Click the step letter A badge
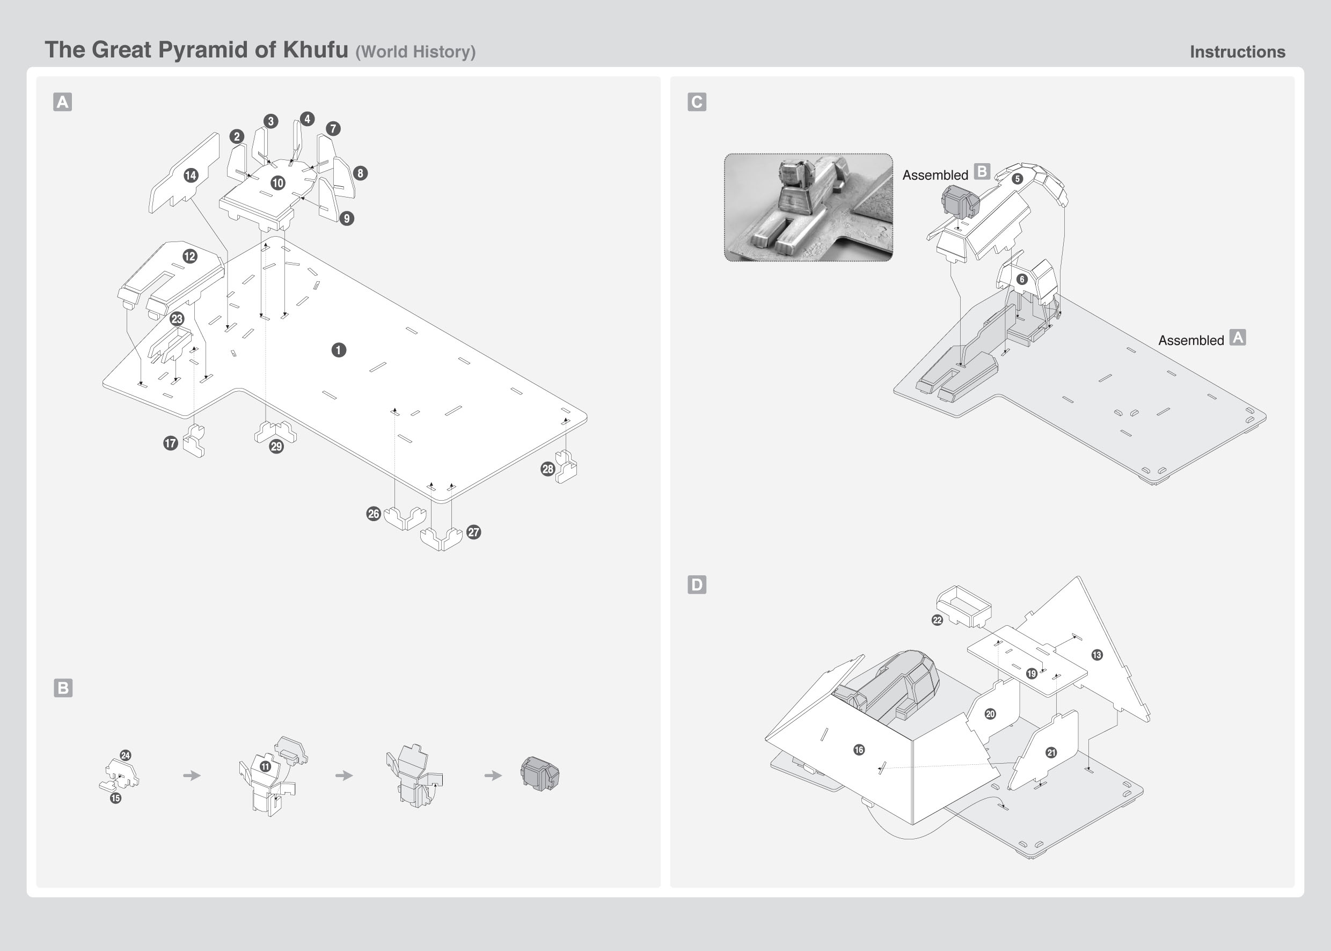pyautogui.click(x=63, y=102)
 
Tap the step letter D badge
pyautogui.click(x=697, y=584)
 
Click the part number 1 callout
pyautogui.click(x=339, y=350)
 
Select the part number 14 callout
pyautogui.click(x=191, y=175)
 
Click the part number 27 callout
pyautogui.click(x=474, y=532)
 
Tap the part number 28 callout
pyautogui.click(x=547, y=469)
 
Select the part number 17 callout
pyautogui.click(x=171, y=443)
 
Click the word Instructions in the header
pyautogui.click(x=1237, y=52)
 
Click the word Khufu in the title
pyautogui.click(x=315, y=50)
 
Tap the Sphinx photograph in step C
pyautogui.click(x=808, y=207)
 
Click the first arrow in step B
pyautogui.click(x=192, y=776)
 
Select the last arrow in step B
pyautogui.click(x=493, y=776)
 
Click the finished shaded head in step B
pyautogui.click(x=540, y=773)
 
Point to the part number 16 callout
pyautogui.click(x=859, y=750)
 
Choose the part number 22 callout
pyautogui.click(x=937, y=620)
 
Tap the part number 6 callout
pyautogui.click(x=1022, y=279)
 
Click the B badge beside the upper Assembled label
pyautogui.click(x=982, y=172)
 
